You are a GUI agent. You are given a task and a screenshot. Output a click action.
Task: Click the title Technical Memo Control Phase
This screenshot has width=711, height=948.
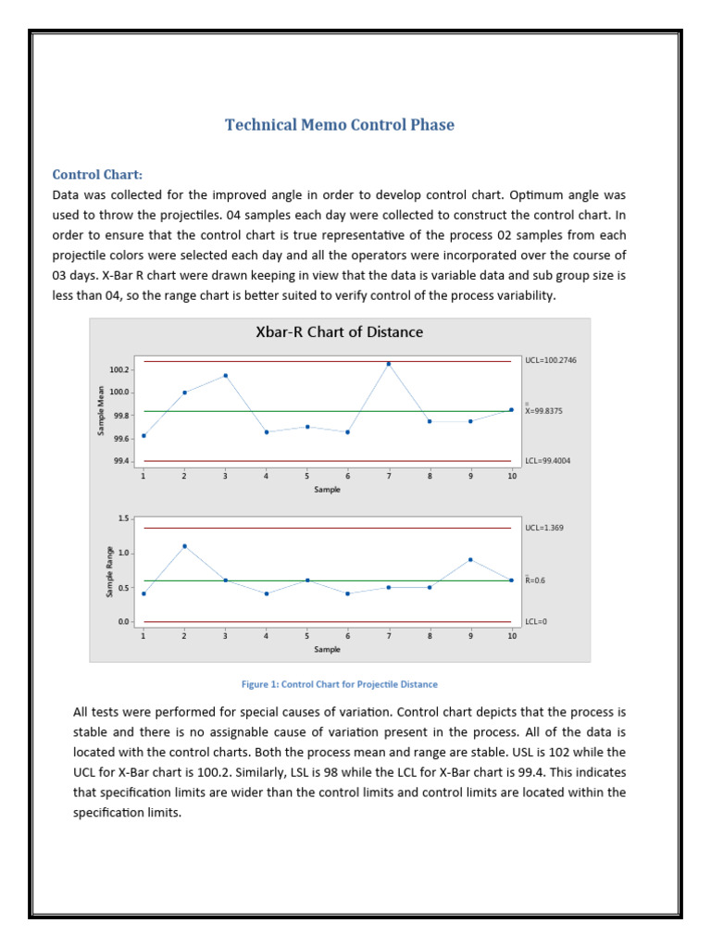[340, 125]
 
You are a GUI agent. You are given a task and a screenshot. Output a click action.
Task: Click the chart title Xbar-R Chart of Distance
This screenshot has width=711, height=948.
[339, 331]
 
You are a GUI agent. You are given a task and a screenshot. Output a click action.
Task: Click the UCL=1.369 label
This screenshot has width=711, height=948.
[543, 528]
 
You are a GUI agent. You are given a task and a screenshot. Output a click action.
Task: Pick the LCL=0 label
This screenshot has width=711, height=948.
[536, 622]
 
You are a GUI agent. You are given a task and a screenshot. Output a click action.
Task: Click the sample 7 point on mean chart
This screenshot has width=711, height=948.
[389, 364]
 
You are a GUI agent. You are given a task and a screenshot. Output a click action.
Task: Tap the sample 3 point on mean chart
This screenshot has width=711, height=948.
[225, 376]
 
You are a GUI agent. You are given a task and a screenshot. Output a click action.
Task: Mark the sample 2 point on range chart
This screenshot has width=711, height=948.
[184, 546]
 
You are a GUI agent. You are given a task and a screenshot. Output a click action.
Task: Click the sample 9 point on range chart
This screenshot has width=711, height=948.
[470, 559]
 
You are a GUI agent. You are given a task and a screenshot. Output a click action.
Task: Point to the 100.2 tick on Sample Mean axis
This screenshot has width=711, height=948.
[119, 369]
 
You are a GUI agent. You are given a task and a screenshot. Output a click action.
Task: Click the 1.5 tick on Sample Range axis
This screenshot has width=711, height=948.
[123, 518]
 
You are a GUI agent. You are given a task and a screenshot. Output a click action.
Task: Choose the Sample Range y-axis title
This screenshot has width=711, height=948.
[109, 570]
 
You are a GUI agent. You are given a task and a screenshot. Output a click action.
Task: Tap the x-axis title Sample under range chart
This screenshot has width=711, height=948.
[327, 649]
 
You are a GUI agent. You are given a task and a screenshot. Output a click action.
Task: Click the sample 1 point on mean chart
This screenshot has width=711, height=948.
[143, 435]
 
